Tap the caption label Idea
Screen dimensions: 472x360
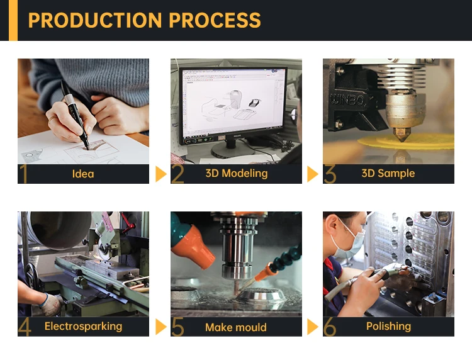[x=83, y=174]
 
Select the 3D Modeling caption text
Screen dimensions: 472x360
[x=236, y=173]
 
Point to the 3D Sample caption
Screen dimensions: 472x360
[x=388, y=173]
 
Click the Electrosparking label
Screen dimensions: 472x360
[x=83, y=326]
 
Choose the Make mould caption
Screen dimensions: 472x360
[x=236, y=327]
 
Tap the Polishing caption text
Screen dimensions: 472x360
[x=388, y=326]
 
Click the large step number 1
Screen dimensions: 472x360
[x=24, y=174]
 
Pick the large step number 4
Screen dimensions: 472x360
[x=25, y=327]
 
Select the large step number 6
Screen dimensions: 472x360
[x=330, y=327]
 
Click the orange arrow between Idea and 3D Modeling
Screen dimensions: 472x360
[x=161, y=174]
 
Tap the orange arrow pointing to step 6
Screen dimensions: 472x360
[x=313, y=326]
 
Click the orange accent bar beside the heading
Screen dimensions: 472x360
[x=13, y=20]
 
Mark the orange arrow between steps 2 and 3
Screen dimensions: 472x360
[x=313, y=174]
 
